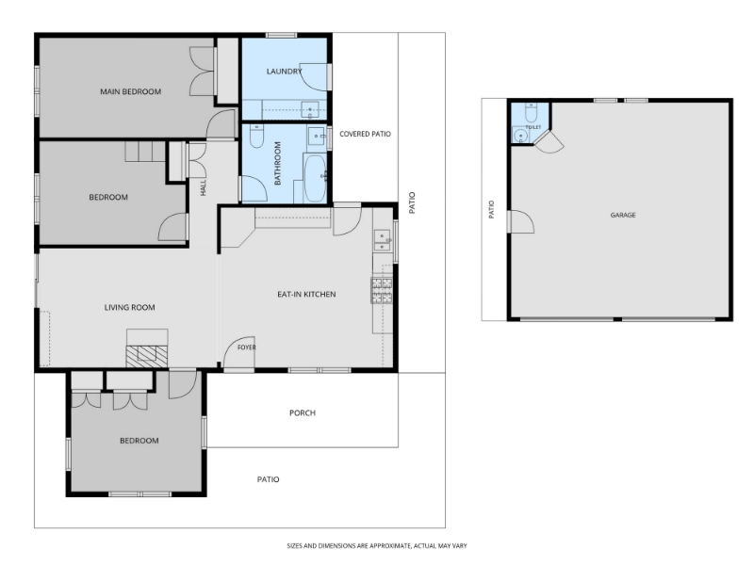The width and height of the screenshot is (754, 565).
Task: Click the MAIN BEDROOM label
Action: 130,91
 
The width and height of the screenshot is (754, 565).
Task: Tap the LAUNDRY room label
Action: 285,72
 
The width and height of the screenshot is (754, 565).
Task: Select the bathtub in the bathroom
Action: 316,178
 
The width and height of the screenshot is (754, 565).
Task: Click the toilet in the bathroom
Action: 256,136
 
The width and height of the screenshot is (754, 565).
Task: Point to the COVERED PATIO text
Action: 365,134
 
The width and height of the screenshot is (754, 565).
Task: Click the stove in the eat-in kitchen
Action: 382,290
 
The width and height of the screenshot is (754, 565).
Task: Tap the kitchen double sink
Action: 383,240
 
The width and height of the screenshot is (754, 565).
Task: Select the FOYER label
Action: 247,347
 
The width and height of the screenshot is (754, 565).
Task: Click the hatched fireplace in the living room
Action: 147,357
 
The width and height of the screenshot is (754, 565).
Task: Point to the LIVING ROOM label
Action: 130,308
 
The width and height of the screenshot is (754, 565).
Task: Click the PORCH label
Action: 303,412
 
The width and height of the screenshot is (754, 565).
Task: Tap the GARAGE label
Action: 623,215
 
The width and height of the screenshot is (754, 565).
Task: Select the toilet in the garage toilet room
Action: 531,112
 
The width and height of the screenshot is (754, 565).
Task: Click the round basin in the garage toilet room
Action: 520,137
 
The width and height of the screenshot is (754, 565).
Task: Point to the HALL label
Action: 203,187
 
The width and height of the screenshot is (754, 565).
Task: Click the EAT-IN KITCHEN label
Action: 306,294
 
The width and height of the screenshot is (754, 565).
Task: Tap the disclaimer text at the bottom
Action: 376,546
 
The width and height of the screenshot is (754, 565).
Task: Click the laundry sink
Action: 310,110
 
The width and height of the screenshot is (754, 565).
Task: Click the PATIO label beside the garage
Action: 491,209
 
